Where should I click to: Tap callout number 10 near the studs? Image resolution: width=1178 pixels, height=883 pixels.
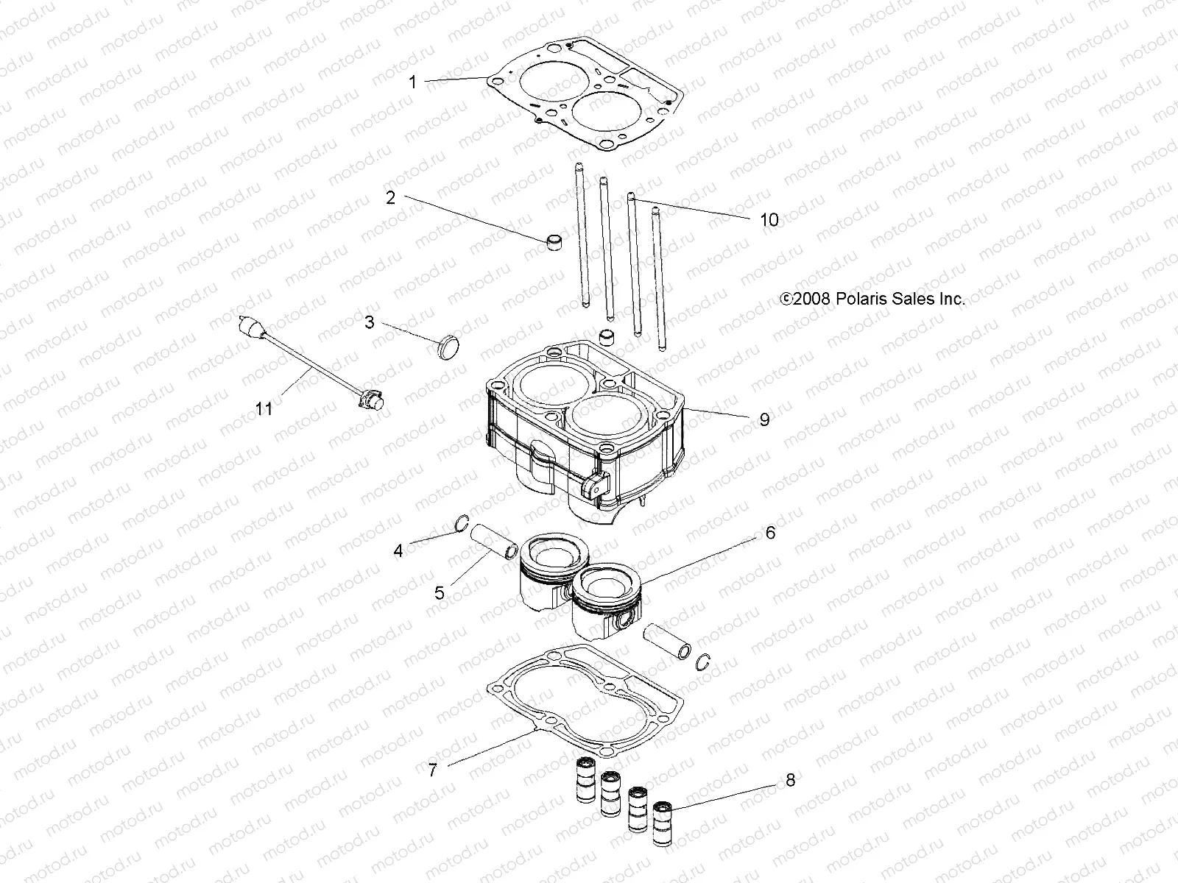pos(769,220)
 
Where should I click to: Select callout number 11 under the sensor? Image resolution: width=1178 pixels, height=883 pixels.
pos(264,408)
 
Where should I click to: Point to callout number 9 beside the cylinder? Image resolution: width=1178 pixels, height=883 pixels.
pos(764,419)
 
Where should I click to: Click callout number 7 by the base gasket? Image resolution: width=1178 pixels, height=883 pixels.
pos(433,770)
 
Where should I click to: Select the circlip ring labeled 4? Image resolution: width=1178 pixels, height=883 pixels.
pos(461,524)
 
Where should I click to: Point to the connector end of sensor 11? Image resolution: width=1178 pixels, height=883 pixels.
pos(370,400)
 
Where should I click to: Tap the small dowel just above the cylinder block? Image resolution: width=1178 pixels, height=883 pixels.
pos(606,337)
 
